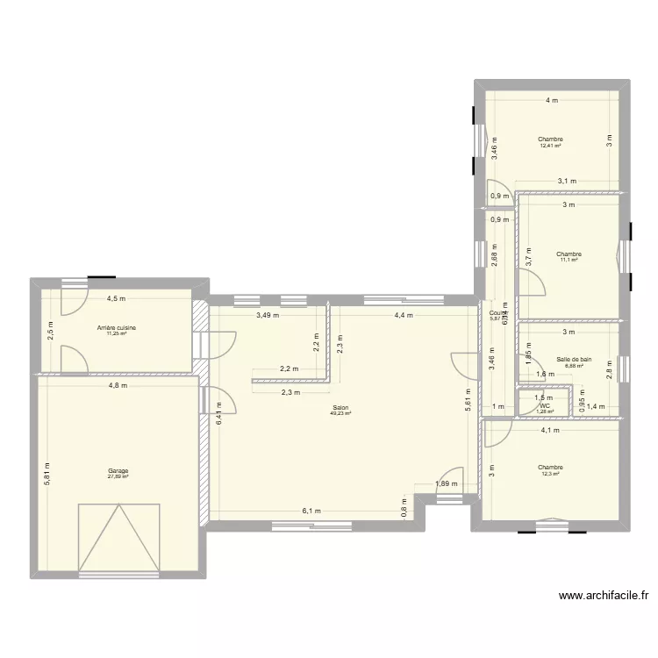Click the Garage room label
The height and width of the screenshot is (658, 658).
118,470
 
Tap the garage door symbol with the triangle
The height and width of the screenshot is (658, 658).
118,537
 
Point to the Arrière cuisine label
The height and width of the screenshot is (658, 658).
117,328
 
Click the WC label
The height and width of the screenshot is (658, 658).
545,405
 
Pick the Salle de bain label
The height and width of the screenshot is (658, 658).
574,359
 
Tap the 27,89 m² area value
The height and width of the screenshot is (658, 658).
118,476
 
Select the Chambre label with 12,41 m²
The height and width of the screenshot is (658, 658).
550,139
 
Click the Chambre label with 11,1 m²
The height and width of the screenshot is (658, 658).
569,254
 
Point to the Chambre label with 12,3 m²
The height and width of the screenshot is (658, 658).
552,468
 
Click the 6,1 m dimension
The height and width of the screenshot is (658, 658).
311,511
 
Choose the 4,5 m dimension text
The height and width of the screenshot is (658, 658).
116,298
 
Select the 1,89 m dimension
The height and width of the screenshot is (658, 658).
446,483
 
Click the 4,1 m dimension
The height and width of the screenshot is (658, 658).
549,431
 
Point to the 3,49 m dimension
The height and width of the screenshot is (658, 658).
268,315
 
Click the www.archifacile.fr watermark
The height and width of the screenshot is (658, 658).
604,596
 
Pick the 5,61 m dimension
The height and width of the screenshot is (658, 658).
468,400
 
